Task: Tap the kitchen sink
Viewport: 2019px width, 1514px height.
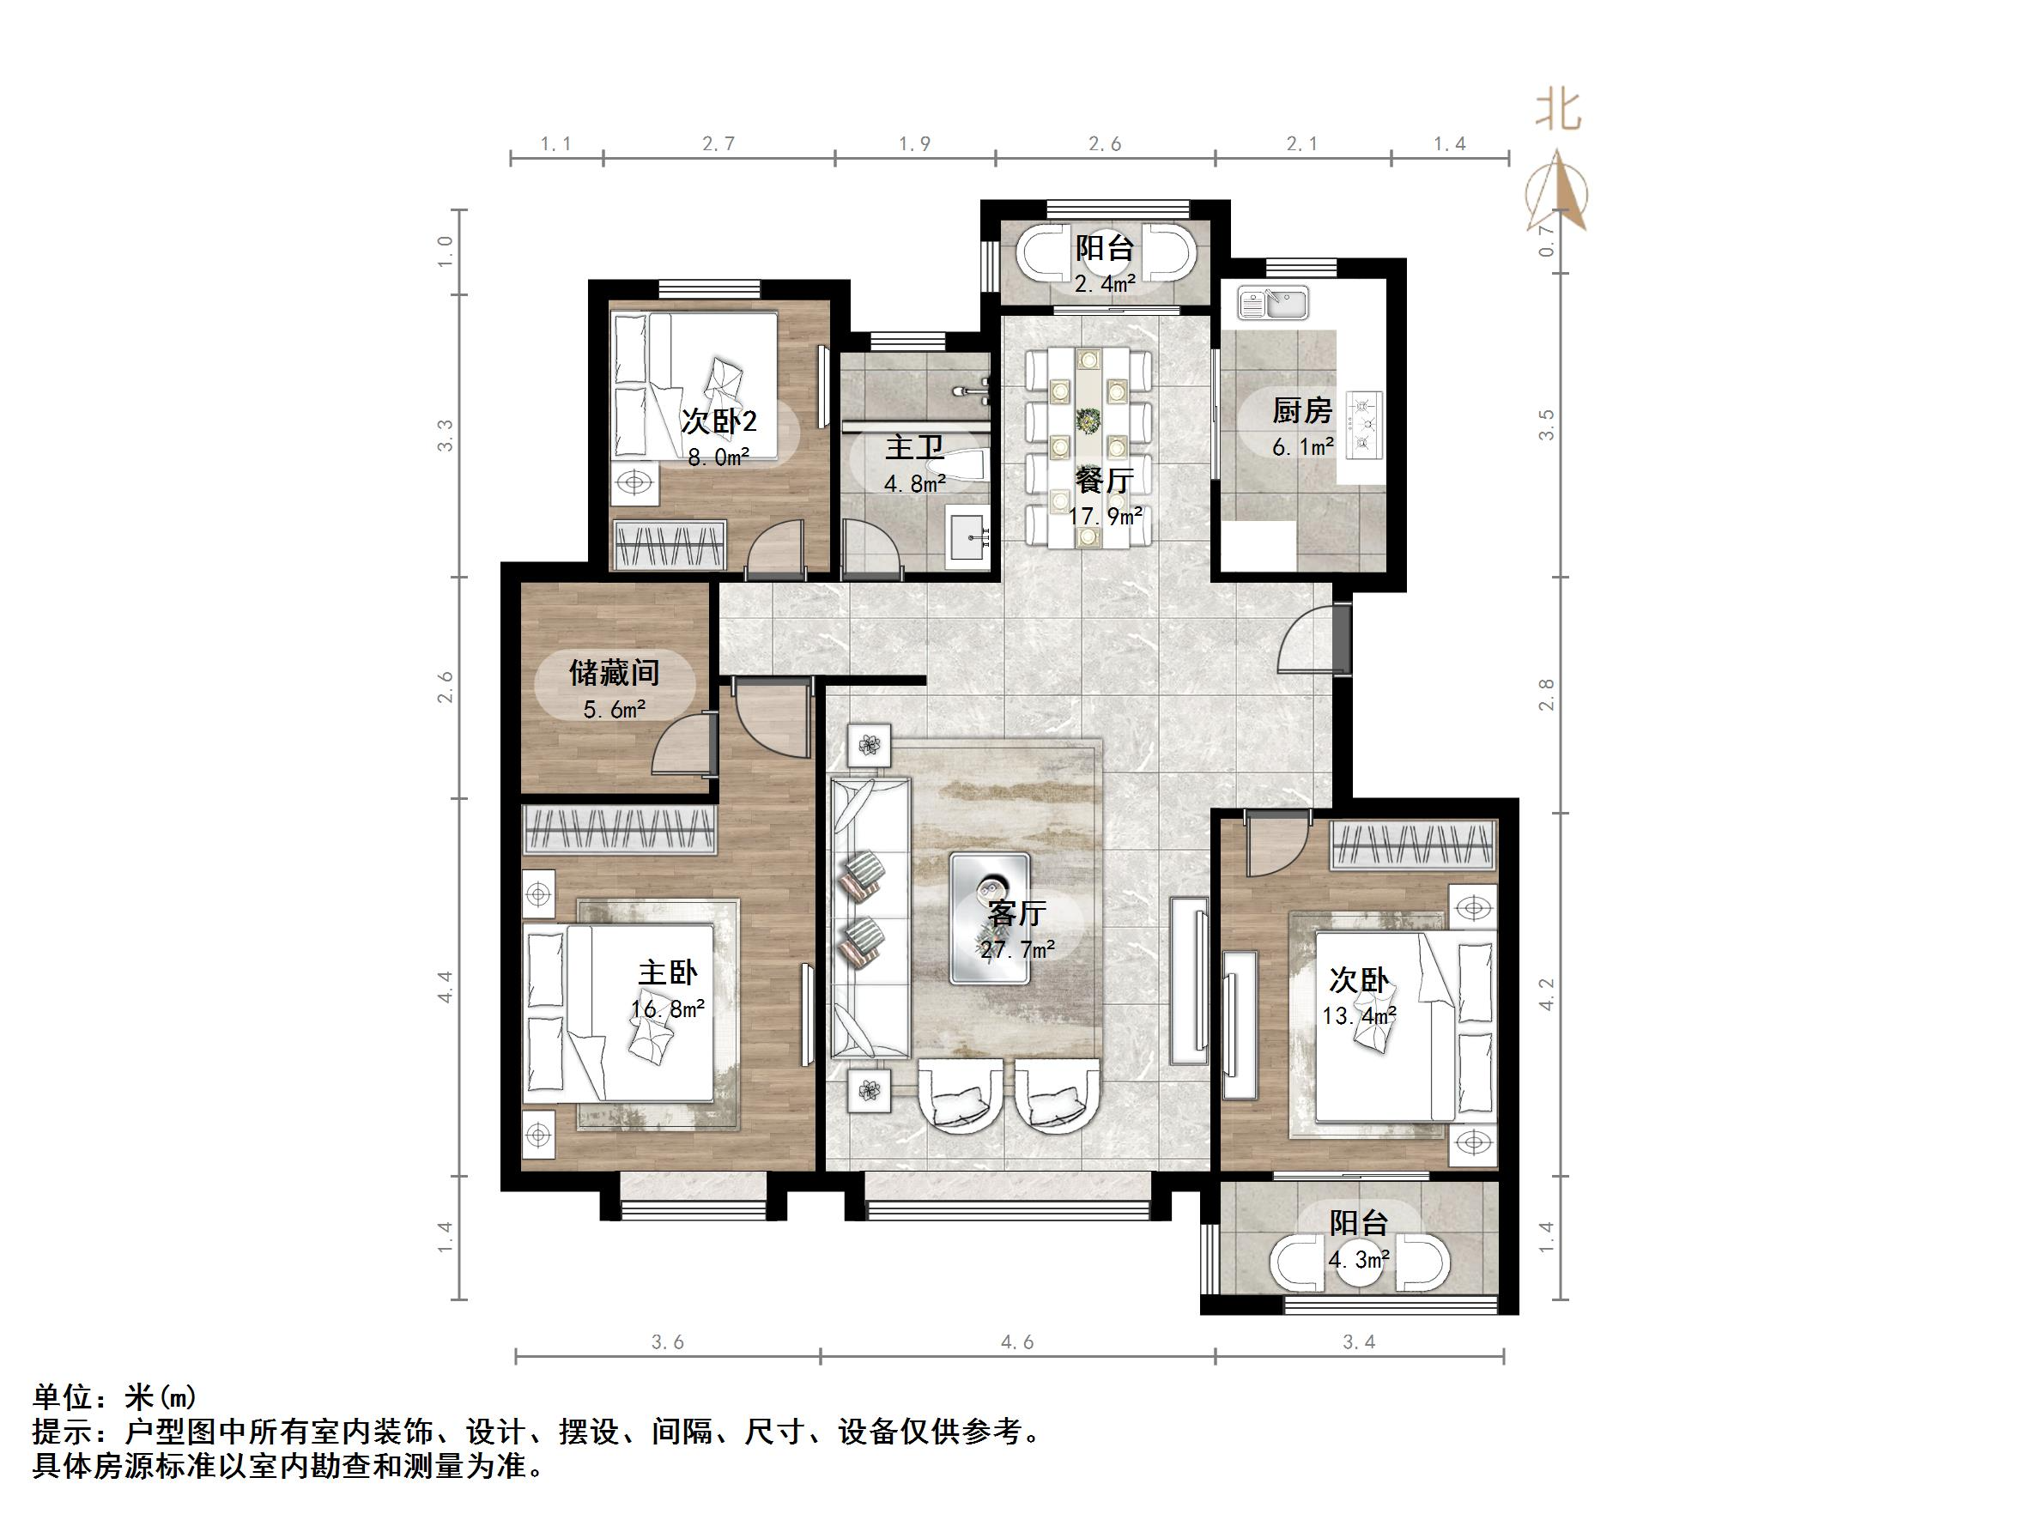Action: pyautogui.click(x=1273, y=302)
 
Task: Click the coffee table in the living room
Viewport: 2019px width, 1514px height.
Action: pyautogui.click(x=991, y=918)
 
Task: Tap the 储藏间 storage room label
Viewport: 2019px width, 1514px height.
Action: pyautogui.click(x=615, y=674)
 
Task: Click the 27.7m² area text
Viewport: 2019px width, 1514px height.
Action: pyautogui.click(x=1018, y=951)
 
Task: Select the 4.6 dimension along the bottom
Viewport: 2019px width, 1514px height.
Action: pyautogui.click(x=1017, y=1342)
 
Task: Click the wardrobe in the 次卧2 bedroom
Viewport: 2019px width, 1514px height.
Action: pyautogui.click(x=670, y=545)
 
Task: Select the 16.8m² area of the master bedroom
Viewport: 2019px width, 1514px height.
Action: pyautogui.click(x=667, y=1009)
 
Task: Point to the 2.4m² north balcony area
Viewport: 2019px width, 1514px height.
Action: pyautogui.click(x=1105, y=284)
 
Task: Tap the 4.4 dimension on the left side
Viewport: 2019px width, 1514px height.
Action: pyautogui.click(x=446, y=986)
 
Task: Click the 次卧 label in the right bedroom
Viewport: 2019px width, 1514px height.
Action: pyautogui.click(x=1358, y=980)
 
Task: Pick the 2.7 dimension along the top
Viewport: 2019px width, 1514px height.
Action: pyautogui.click(x=718, y=144)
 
